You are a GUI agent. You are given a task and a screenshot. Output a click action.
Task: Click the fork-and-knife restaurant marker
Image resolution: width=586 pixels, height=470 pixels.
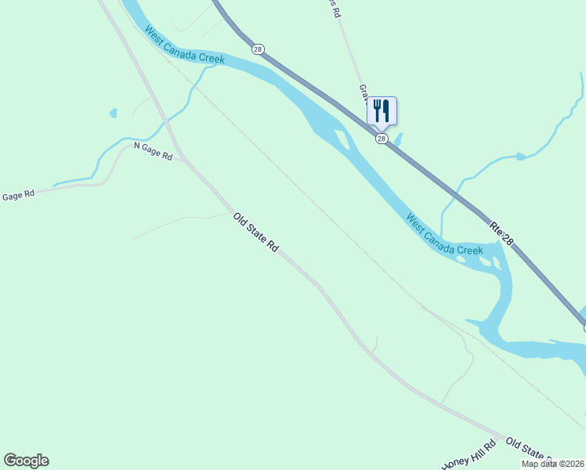click(382, 110)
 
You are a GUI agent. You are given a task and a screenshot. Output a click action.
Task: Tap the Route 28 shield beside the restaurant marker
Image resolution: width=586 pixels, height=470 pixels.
click(382, 139)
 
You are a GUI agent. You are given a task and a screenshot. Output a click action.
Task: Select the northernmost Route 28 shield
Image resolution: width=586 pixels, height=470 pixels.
click(258, 49)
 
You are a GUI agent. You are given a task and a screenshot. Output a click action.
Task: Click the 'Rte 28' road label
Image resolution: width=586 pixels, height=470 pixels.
click(501, 233)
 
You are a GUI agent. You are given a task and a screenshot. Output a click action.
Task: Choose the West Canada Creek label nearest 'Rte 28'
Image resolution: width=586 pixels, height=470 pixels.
click(444, 233)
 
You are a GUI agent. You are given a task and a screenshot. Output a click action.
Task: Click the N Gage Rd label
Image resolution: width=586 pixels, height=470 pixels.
click(153, 151)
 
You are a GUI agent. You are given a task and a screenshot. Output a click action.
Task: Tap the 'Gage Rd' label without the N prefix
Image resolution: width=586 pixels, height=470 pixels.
click(19, 196)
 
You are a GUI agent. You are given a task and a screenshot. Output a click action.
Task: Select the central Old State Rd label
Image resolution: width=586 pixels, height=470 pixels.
click(256, 233)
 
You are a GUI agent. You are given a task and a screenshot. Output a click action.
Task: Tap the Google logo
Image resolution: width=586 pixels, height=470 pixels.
click(26, 461)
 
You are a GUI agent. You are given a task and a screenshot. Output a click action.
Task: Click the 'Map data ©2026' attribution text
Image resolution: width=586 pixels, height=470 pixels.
click(553, 464)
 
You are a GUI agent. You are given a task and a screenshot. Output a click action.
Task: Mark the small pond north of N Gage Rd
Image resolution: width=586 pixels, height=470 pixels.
click(114, 114)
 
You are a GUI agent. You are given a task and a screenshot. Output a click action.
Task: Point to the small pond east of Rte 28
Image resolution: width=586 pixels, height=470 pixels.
click(519, 157)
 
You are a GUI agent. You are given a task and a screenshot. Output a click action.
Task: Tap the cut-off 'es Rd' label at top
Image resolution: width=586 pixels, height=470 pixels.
click(338, 6)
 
